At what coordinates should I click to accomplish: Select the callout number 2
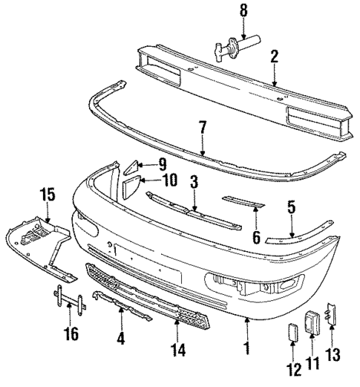[x=274, y=56]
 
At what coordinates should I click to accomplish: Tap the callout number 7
[x=203, y=128]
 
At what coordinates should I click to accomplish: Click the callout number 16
[x=71, y=334]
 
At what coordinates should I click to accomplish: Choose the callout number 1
[x=244, y=347]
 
